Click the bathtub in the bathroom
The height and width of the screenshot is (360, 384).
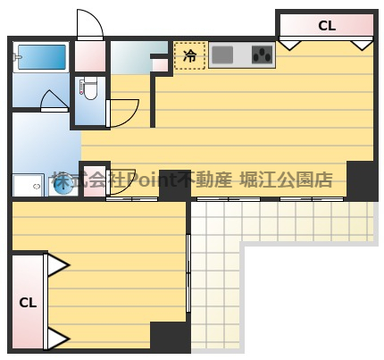[41, 58]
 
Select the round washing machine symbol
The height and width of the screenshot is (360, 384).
[63, 184]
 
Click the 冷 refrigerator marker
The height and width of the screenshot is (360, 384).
[189, 55]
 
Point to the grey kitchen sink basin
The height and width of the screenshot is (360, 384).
[222, 55]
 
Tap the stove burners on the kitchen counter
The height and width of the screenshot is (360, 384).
[262, 55]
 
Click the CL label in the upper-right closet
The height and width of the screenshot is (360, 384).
[327, 27]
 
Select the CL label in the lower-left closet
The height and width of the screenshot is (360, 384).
[28, 302]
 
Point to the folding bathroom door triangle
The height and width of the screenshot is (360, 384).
[54, 100]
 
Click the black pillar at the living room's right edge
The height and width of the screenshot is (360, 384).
[362, 180]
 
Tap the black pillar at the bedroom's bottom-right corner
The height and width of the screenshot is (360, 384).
[170, 337]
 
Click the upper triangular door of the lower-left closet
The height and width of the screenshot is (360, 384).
[56, 264]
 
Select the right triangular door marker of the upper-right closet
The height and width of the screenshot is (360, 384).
[361, 43]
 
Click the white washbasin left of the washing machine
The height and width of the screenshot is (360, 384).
[28, 185]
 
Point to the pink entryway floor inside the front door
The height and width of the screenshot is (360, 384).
[90, 57]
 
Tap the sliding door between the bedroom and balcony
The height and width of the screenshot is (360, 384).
[188, 272]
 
